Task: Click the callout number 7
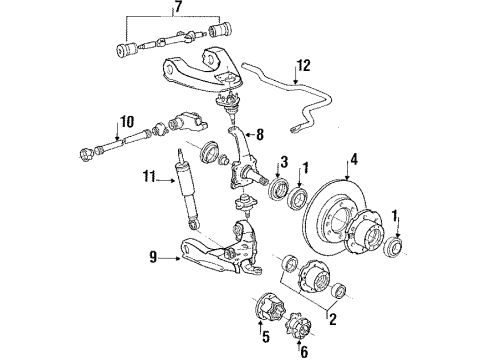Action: (x=178, y=6)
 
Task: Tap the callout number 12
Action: (x=304, y=66)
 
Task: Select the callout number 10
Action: (x=126, y=122)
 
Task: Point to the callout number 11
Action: (x=149, y=176)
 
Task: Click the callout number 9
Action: (x=153, y=257)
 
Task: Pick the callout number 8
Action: (x=260, y=135)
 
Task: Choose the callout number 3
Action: (x=284, y=162)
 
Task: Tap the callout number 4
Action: (x=354, y=160)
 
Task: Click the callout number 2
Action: (x=332, y=319)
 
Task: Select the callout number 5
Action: (x=266, y=337)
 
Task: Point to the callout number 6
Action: (x=304, y=351)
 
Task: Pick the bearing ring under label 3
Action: (x=279, y=188)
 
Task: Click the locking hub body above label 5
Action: (x=269, y=306)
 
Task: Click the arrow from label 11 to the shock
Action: (x=165, y=180)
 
